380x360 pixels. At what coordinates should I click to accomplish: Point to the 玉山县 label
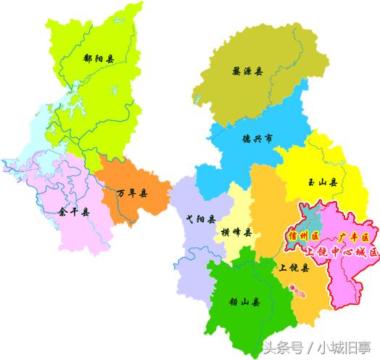(x=321, y=182)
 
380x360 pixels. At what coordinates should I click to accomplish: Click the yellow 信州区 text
(x=299, y=237)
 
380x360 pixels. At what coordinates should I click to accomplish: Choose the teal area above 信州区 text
(x=308, y=221)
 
